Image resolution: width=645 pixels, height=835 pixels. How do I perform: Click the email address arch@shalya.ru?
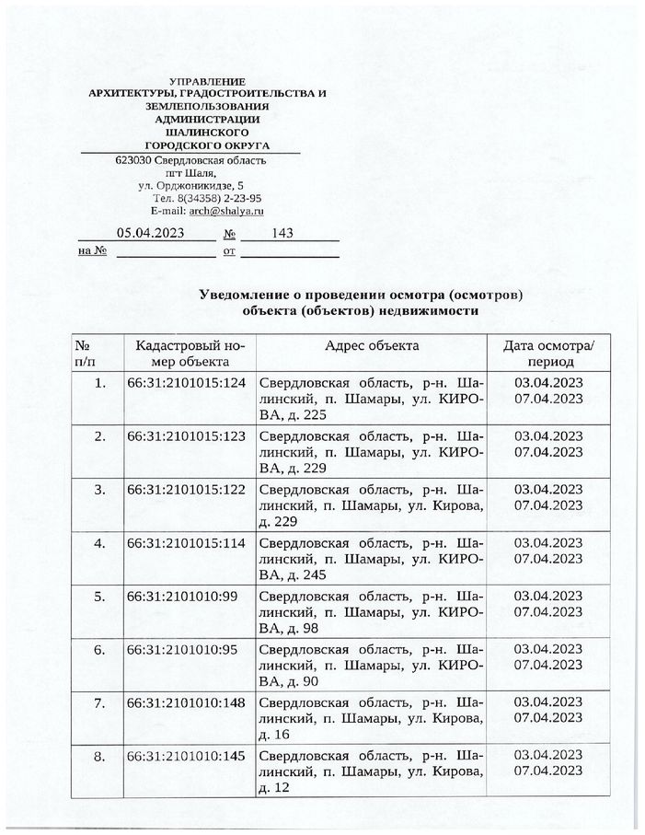click(x=225, y=211)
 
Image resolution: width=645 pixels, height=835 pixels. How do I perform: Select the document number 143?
click(x=283, y=233)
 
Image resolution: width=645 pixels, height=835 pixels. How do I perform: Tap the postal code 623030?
click(x=134, y=159)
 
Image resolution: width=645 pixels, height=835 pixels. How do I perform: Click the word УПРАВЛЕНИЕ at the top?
click(x=208, y=83)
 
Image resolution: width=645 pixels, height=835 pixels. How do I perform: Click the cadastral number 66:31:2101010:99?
click(x=182, y=596)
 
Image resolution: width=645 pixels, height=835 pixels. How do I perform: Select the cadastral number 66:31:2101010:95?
click(x=182, y=649)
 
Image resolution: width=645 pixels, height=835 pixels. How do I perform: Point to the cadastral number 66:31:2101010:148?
click(x=186, y=702)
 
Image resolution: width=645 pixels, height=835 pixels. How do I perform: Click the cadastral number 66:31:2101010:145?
click(x=186, y=756)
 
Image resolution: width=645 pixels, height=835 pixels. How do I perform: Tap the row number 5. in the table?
click(x=100, y=596)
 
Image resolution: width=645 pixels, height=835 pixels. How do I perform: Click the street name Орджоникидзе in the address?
click(x=192, y=185)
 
